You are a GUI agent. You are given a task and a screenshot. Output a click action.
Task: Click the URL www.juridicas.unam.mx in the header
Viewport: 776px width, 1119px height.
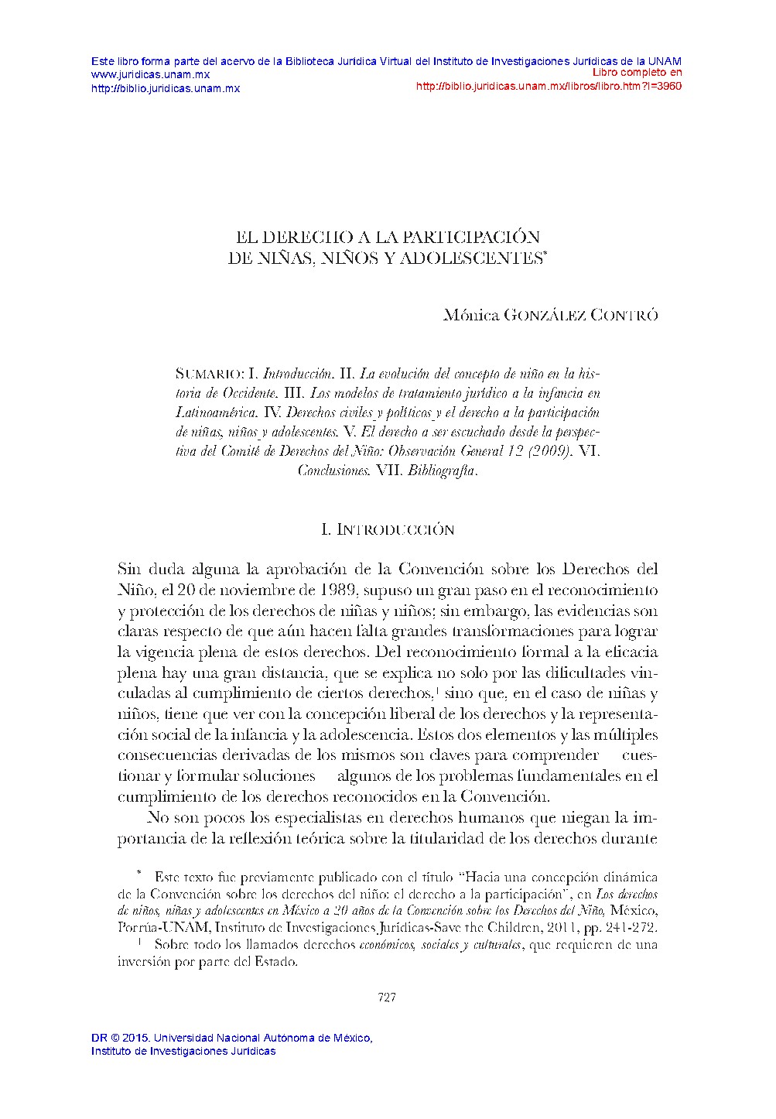[150, 74]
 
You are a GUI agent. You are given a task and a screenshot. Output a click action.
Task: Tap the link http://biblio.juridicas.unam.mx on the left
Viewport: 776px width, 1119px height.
[166, 88]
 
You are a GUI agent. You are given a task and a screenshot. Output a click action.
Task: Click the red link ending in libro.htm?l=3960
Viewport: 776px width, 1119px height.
[549, 86]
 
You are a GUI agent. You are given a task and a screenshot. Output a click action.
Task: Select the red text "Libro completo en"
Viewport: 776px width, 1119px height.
[637, 73]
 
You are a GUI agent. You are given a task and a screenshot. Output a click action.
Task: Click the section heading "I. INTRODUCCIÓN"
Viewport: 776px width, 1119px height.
[387, 529]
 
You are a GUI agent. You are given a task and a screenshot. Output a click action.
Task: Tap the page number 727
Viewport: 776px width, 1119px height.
[387, 997]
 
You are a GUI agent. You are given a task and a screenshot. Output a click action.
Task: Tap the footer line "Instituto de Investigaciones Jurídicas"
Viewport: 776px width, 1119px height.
[183, 1051]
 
